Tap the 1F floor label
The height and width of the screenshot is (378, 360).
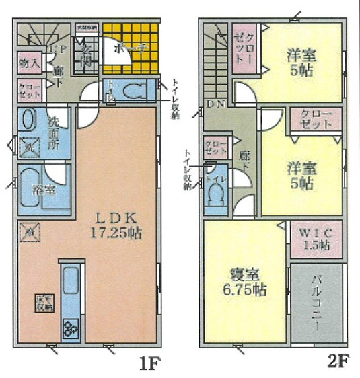[x=148, y=364]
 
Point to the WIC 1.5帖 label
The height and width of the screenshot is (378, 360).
[x=315, y=239]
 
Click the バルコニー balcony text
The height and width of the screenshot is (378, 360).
[x=316, y=303]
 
